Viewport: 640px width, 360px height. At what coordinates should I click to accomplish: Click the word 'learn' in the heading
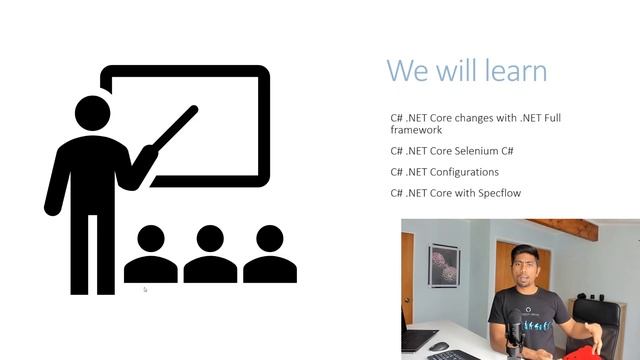point(512,71)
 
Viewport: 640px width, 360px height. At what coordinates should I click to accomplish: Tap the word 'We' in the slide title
point(406,71)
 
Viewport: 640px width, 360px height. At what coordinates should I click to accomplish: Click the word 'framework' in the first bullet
point(416,130)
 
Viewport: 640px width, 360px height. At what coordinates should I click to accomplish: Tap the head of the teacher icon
point(91,113)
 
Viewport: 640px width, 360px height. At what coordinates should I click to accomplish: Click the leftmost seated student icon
point(151,256)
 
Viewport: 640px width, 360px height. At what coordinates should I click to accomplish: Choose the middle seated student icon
point(210,256)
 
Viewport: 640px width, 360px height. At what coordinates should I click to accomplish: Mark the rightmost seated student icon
point(269,256)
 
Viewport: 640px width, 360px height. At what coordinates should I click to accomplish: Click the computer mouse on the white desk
point(438,346)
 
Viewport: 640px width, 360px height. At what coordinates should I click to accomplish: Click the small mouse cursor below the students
point(145,290)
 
